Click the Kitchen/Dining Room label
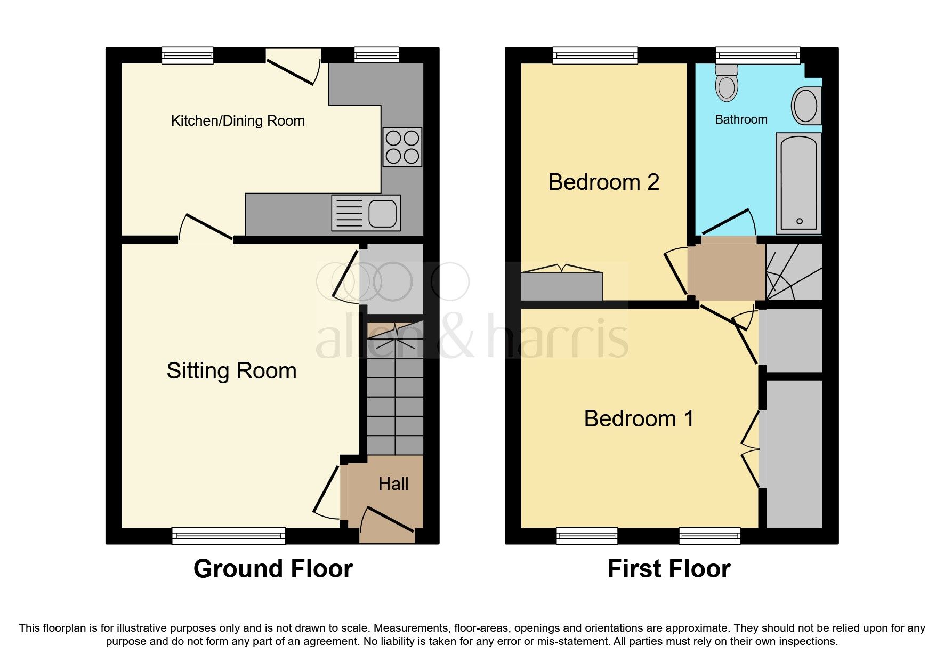pos(238,121)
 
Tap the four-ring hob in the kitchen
pos(402,147)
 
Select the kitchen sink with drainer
pos(366,213)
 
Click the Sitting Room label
pos(231,370)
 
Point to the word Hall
pos(393,484)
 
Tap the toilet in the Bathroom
pos(727,84)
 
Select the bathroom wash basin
pos(806,106)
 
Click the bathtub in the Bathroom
pos(798,183)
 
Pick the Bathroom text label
pos(741,119)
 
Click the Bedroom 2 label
pos(603,182)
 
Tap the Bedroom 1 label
pos(639,418)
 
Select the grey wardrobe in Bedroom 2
pos(561,286)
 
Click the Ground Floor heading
pos(273,569)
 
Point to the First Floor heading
pos(668,569)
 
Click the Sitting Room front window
pos(229,535)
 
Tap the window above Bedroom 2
pos(595,55)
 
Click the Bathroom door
pos(727,222)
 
